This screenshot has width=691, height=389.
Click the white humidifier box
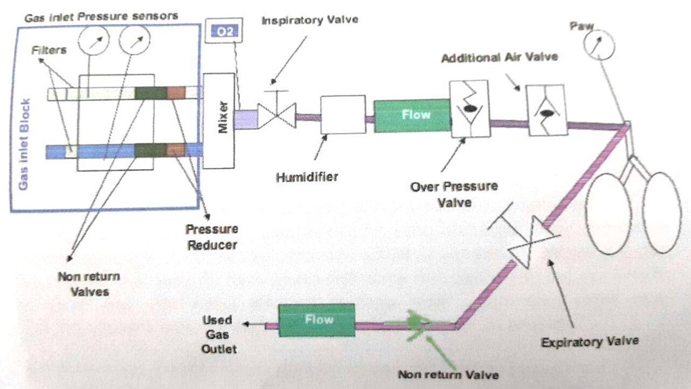[x=343, y=114]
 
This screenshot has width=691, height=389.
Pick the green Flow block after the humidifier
[x=412, y=115]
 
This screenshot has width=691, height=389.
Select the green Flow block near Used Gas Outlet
[x=316, y=320]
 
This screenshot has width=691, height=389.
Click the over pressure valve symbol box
[x=469, y=108]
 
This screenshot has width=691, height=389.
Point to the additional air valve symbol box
[x=547, y=109]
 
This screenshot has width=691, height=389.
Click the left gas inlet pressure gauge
[x=94, y=41]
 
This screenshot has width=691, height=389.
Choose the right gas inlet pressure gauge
[x=135, y=41]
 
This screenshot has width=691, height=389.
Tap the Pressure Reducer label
[x=212, y=237]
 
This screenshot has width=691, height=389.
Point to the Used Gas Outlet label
[x=218, y=334]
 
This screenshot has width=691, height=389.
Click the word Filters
[x=49, y=50]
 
